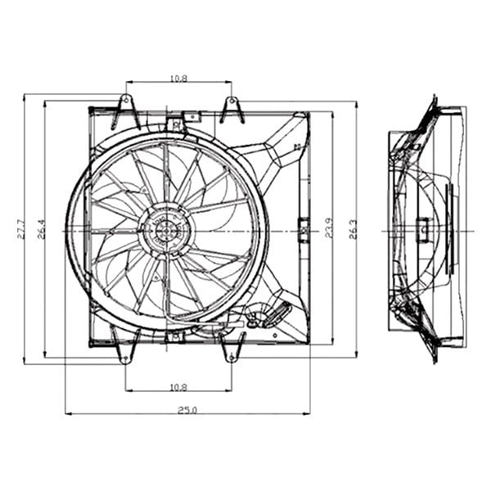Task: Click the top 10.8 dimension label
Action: tap(178, 78)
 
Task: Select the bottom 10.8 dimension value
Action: tap(178, 385)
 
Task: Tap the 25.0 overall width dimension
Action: tap(187, 409)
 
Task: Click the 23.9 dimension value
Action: tap(328, 228)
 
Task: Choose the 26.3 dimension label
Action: tap(353, 228)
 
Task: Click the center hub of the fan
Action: tap(164, 231)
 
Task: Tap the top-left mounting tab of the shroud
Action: tap(125, 109)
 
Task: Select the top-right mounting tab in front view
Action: tap(232, 109)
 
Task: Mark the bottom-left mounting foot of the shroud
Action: tap(125, 350)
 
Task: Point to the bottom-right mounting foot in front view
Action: tap(232, 350)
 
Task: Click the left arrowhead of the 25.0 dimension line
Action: tap(68, 413)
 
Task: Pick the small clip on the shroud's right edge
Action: tap(304, 229)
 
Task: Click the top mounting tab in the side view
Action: tap(431, 106)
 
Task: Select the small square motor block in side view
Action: tap(423, 229)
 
